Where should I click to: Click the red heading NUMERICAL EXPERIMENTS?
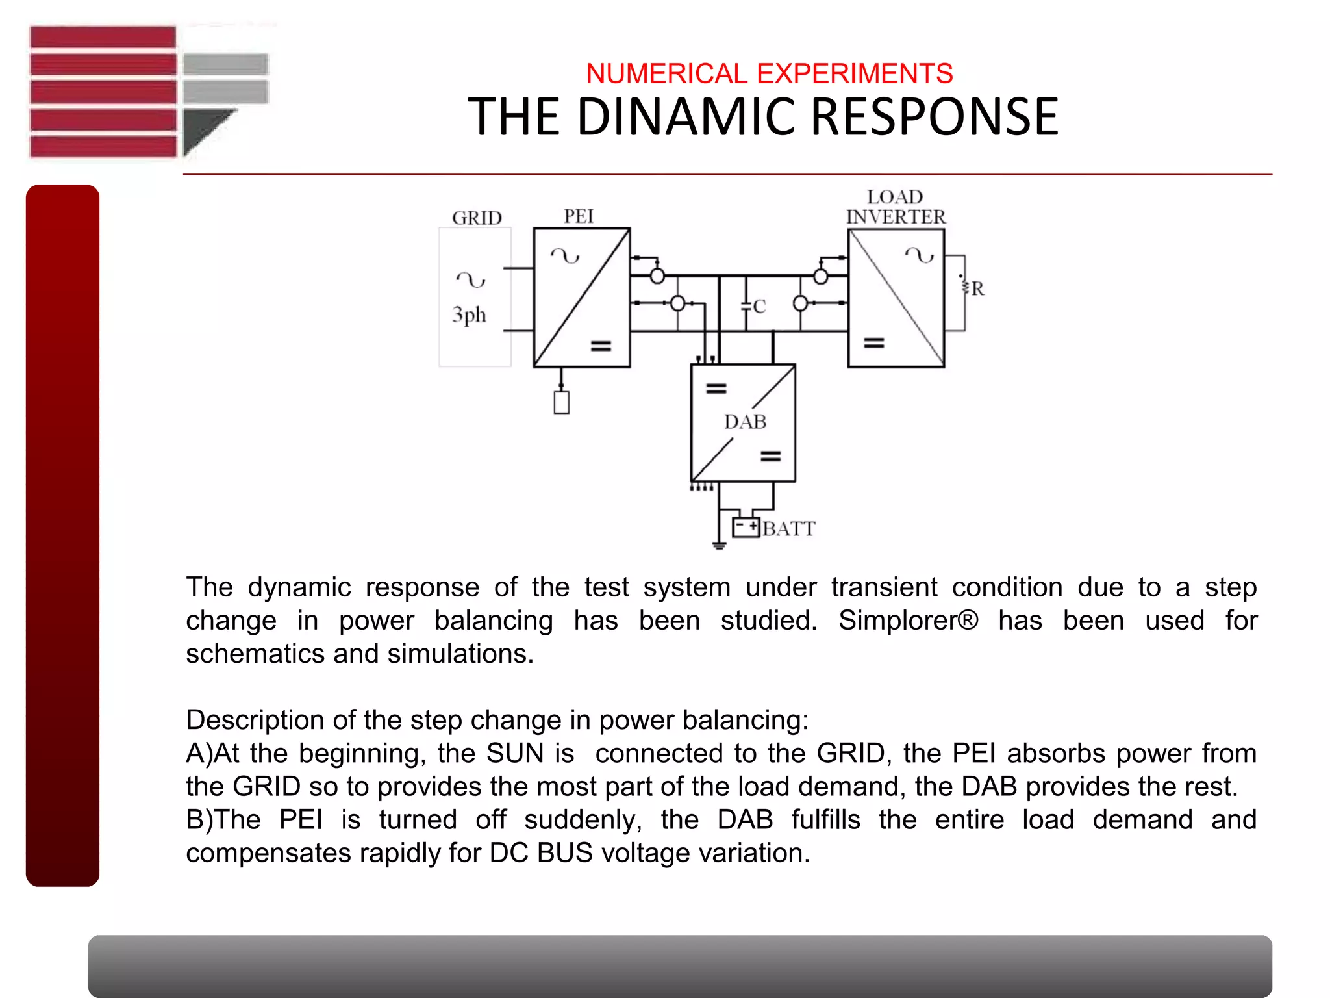pos(769,73)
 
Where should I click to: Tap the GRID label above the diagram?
pos(477,218)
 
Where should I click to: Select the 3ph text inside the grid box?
pos(469,315)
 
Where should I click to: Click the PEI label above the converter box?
pos(578,216)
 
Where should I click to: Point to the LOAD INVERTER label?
pos(896,207)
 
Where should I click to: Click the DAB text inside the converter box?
pos(745,422)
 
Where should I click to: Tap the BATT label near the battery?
pos(788,529)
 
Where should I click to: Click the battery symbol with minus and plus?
pos(746,527)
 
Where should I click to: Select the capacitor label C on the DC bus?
pos(759,306)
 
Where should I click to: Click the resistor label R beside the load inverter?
pos(977,288)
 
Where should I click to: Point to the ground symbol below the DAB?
pos(718,544)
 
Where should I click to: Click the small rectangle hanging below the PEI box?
pos(562,402)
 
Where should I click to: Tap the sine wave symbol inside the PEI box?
pos(565,256)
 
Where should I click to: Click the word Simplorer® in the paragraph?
pos(907,621)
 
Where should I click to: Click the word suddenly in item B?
pos(583,820)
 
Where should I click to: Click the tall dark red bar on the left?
pos(62,535)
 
